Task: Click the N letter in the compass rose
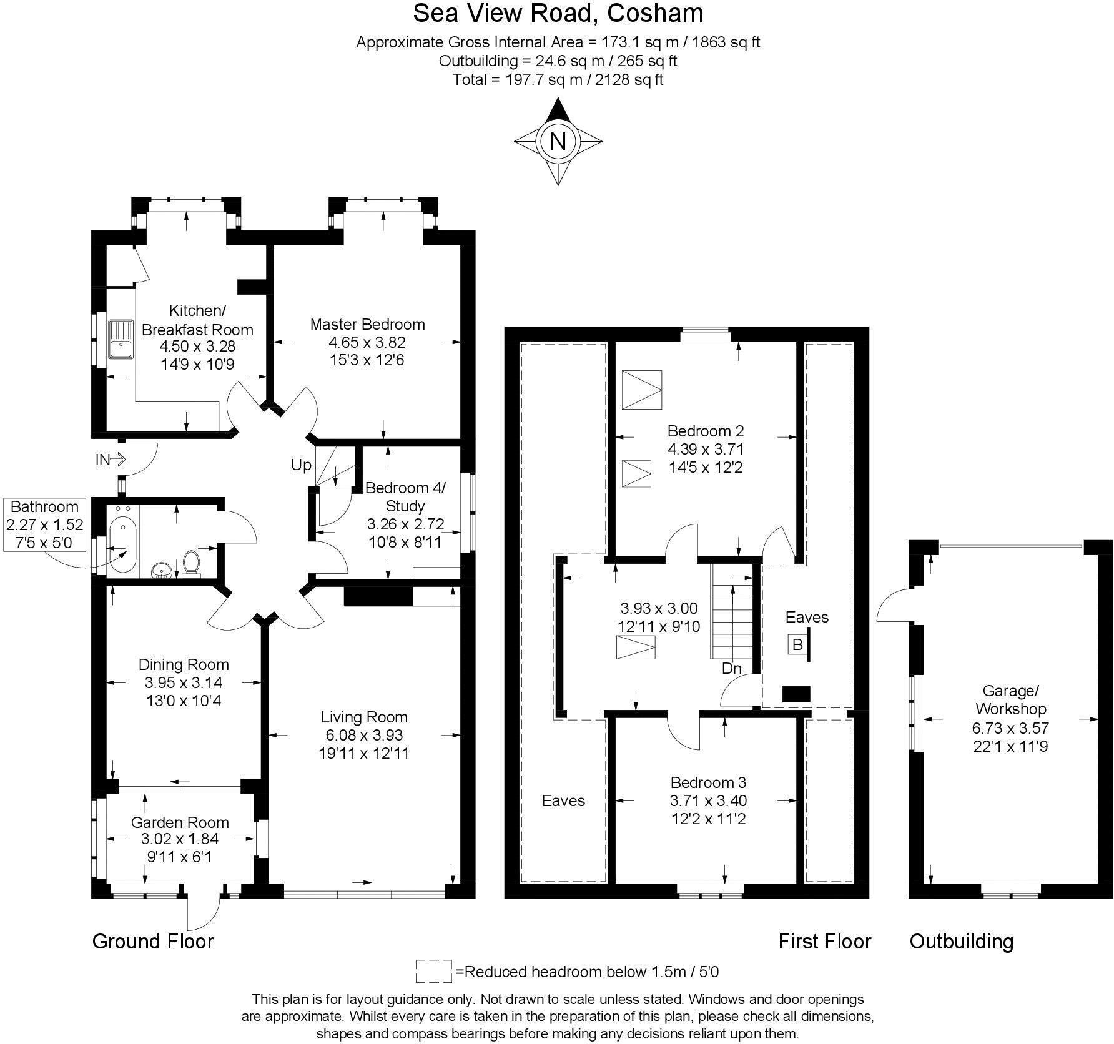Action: pyautogui.click(x=558, y=142)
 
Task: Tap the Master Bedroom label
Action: pyautogui.click(x=367, y=324)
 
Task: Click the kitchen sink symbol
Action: pyautogui.click(x=120, y=340)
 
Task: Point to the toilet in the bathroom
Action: pyautogui.click(x=191, y=561)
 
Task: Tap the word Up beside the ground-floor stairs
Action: pyautogui.click(x=301, y=465)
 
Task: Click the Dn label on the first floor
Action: pyautogui.click(x=731, y=668)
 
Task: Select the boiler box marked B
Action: pyautogui.click(x=797, y=644)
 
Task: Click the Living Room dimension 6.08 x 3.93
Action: pyautogui.click(x=363, y=735)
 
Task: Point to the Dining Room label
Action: pyautogui.click(x=184, y=664)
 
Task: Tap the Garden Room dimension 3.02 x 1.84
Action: pyautogui.click(x=180, y=839)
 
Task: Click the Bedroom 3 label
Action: pyautogui.click(x=708, y=782)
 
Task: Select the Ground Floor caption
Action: pyautogui.click(x=153, y=941)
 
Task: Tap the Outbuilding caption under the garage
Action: pyautogui.click(x=961, y=941)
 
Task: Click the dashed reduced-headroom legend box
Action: pyautogui.click(x=433, y=972)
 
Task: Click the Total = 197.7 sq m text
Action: pyautogui.click(x=558, y=79)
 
